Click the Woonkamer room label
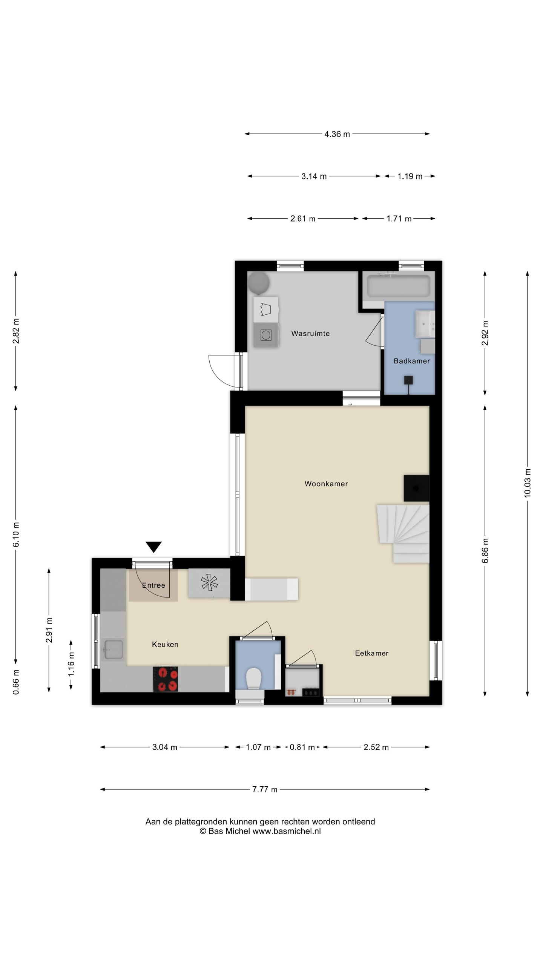coord(326,484)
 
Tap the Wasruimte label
coord(310,333)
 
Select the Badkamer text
coord(412,361)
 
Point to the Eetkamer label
coord(371,653)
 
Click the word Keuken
coord(165,644)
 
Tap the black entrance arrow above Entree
coord(153,547)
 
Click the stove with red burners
coord(166,679)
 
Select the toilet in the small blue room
coord(253,679)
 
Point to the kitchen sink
coord(114,649)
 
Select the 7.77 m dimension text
coord(265,789)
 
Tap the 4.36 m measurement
coord(337,134)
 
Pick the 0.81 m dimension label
coord(302,747)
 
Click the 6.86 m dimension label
coord(485,551)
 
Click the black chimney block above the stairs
coord(416,488)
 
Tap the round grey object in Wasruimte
coord(259,283)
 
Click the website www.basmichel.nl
coord(287,831)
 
